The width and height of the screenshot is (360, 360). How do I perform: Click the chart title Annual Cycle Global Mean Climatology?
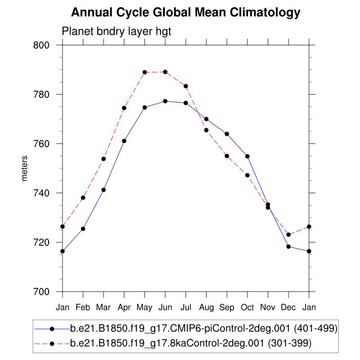[x=185, y=13]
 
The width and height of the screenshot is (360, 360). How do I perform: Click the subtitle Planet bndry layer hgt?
[x=117, y=31]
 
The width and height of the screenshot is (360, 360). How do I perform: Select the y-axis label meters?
[x=25, y=168]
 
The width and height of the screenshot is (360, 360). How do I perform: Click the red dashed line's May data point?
[x=145, y=72]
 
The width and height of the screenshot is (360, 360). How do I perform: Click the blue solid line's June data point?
[x=165, y=101]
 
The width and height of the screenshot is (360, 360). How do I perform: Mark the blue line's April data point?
[x=124, y=141]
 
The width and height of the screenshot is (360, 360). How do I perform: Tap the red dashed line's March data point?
[x=103, y=159]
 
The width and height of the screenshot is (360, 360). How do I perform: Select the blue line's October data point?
[x=247, y=156]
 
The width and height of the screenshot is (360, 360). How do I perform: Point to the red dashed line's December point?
[x=288, y=235]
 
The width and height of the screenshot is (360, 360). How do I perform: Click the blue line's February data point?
[x=83, y=229]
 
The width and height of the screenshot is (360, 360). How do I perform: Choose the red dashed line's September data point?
[x=227, y=156]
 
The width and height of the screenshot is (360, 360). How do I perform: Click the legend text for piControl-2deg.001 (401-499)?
[x=203, y=328]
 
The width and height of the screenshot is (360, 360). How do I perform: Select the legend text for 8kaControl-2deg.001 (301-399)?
[x=191, y=344]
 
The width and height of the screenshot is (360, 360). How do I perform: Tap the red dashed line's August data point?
[x=206, y=130]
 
